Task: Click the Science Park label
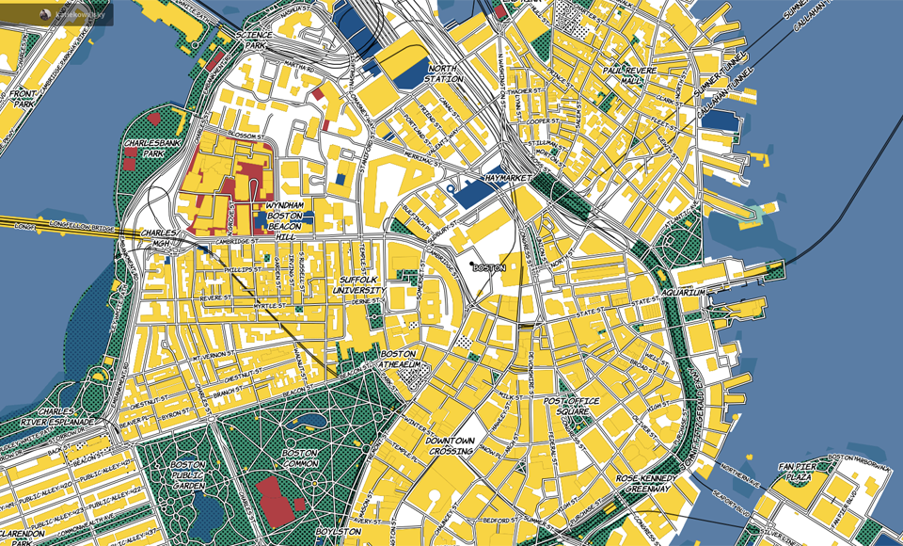pyautogui.click(x=256, y=40)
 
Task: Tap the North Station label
pyautogui.click(x=445, y=73)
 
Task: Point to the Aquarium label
pyautogui.click(x=682, y=293)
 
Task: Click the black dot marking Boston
pyautogui.click(x=472, y=267)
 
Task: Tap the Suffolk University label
pyautogui.click(x=357, y=285)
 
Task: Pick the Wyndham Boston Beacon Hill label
pyautogui.click(x=285, y=216)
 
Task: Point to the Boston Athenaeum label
pyautogui.click(x=397, y=359)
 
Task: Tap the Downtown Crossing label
pyautogui.click(x=451, y=446)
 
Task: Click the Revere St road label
pyautogui.click(x=215, y=298)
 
